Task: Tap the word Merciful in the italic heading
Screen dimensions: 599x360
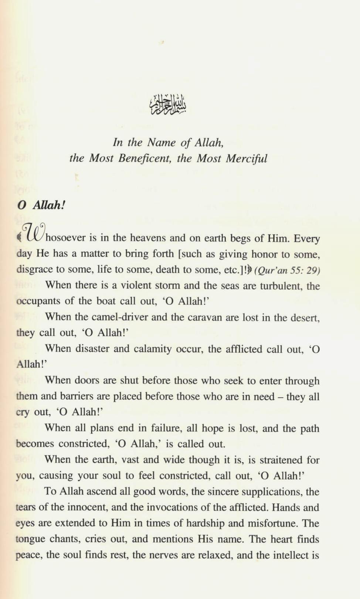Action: [247, 159]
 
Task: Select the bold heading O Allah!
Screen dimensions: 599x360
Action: [41, 205]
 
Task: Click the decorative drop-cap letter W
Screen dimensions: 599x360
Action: [33, 233]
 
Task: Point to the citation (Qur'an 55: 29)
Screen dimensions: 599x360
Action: [287, 270]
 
